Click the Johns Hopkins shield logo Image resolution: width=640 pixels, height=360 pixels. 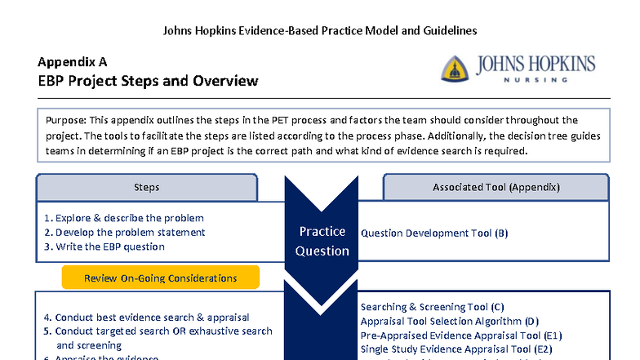[455, 69]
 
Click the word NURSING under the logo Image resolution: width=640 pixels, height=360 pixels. [535, 81]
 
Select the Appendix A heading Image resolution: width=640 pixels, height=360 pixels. [72, 62]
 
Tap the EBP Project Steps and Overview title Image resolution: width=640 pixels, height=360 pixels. [148, 81]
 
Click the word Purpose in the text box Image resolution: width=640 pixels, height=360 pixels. [66, 121]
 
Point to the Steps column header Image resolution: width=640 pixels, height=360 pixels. [147, 188]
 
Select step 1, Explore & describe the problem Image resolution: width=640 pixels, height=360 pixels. [124, 218]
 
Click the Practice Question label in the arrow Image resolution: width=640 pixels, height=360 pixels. [322, 241]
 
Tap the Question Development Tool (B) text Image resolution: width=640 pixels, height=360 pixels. [434, 233]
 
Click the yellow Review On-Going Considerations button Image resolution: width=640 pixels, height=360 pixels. [160, 278]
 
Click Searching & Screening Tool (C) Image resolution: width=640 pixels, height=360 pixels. [437, 307]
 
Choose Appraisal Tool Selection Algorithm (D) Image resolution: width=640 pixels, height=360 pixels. [450, 321]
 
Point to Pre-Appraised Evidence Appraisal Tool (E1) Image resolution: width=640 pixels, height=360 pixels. [461, 335]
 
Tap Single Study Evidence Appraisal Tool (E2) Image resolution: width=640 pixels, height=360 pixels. [456, 349]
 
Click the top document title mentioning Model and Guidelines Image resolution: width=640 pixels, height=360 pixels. [320, 30]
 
